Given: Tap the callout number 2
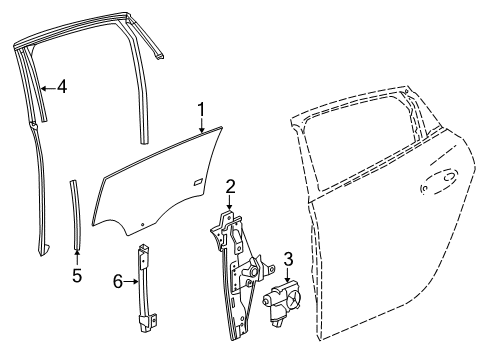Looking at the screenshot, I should click(229, 186).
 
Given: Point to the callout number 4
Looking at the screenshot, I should click(62, 87).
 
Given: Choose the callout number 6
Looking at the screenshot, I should click(118, 283).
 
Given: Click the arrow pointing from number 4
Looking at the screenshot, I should click(45, 87).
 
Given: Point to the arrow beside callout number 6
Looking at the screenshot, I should click(131, 283).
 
